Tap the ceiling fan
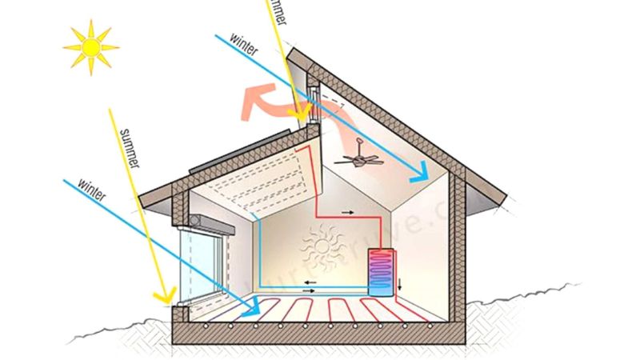coord(359,158)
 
